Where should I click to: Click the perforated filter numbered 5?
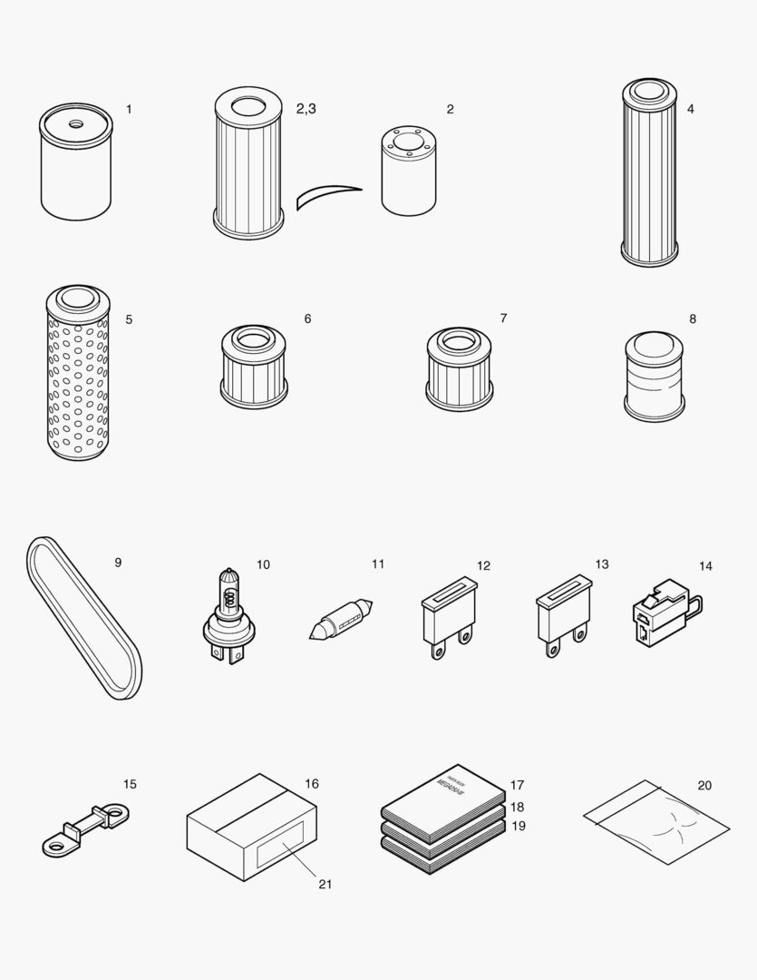coord(77,377)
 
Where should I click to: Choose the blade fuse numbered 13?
coord(562,617)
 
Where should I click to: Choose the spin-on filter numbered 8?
coord(655,377)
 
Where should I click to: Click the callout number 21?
coord(325,884)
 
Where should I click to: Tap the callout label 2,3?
coord(306,109)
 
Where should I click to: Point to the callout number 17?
coord(517,785)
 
